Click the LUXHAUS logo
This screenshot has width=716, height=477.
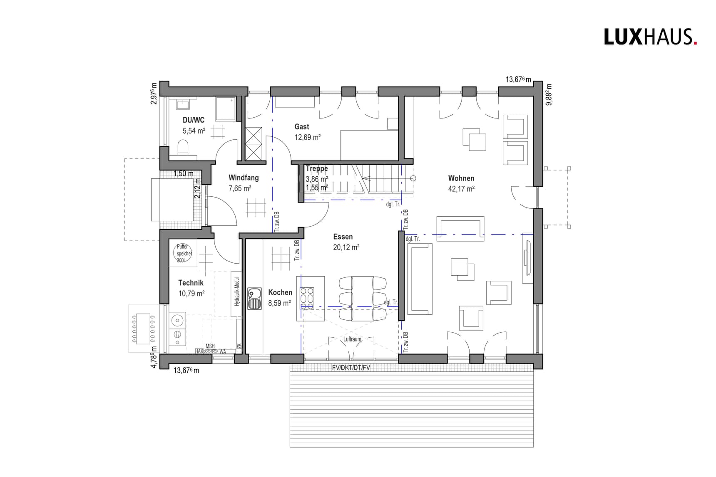click(x=650, y=37)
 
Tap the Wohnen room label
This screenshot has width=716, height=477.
click(x=461, y=178)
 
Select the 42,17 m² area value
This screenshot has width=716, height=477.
click(x=461, y=189)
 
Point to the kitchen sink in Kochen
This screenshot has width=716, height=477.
click(x=254, y=299)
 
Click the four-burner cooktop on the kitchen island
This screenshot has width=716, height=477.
click(x=307, y=299)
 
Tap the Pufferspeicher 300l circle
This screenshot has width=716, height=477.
click(x=184, y=253)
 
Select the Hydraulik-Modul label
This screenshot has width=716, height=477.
click(x=236, y=292)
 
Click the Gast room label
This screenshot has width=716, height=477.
click(x=302, y=126)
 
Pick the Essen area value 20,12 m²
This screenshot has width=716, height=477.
click(x=346, y=247)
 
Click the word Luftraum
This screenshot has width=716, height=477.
click(x=352, y=339)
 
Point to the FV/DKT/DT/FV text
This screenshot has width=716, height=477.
click(x=351, y=368)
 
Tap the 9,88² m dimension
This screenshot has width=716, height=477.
click(x=549, y=94)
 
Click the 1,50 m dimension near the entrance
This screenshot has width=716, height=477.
click(x=183, y=173)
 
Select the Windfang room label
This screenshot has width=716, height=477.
click(x=244, y=178)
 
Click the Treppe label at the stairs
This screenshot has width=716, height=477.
click(x=317, y=168)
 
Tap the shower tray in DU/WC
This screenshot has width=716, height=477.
click(x=225, y=109)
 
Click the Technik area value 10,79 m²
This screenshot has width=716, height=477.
click(x=191, y=294)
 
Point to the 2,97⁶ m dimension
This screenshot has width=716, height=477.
click(x=154, y=94)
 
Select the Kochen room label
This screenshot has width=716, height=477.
click(x=280, y=292)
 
